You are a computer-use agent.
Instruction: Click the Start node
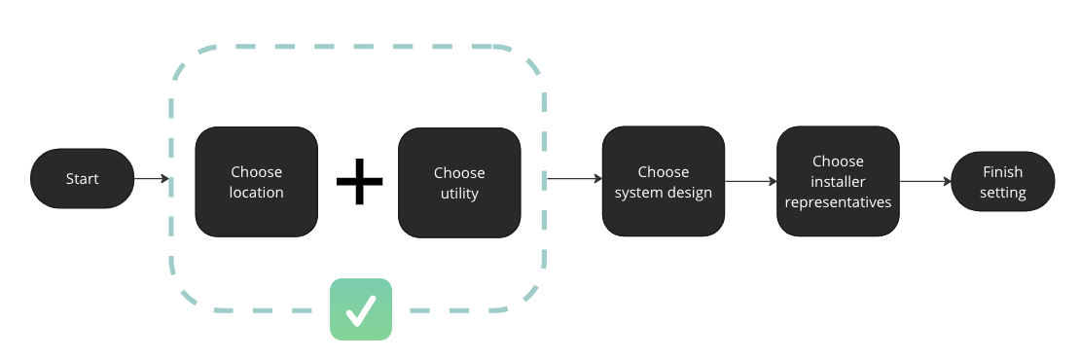tap(82, 178)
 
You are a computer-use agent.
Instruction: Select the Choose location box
tap(256, 182)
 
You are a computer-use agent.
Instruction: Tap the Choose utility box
tap(459, 183)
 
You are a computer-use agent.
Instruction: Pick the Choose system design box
tap(664, 181)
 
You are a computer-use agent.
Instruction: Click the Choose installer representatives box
tap(839, 181)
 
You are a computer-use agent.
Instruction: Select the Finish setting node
tap(1003, 182)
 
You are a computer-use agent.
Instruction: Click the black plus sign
tap(360, 182)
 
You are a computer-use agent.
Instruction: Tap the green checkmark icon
tap(361, 309)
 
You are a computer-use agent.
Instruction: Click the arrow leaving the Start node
tap(152, 178)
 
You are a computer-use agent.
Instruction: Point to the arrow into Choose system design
tap(574, 179)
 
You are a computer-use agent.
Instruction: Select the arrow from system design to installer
tap(751, 182)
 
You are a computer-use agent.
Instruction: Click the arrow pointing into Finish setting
tap(925, 182)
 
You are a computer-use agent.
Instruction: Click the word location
tap(256, 193)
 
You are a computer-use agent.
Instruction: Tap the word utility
tap(459, 194)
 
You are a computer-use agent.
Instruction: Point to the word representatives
tap(839, 202)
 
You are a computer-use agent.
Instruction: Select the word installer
tap(839, 182)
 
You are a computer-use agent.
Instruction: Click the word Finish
tap(1003, 172)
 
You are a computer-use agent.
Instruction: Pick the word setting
tap(1003, 193)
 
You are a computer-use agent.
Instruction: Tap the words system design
tap(664, 193)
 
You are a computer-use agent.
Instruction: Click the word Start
tap(82, 179)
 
